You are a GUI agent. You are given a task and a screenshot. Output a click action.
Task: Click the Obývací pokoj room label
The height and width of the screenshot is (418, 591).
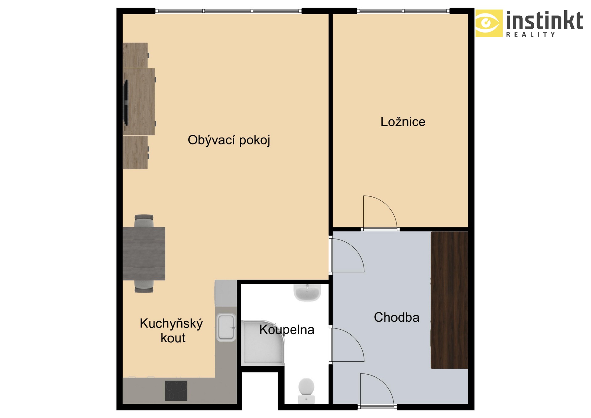pyautogui.click(x=229, y=140)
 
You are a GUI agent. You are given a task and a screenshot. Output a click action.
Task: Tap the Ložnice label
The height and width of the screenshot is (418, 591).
pyautogui.click(x=403, y=122)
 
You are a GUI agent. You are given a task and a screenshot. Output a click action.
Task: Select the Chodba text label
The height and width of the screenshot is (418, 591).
pyautogui.click(x=396, y=317)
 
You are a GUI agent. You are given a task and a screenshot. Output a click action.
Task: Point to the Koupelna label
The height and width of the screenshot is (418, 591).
pyautogui.click(x=287, y=330)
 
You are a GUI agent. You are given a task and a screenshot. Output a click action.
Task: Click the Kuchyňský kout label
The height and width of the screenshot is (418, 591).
pyautogui.click(x=171, y=331)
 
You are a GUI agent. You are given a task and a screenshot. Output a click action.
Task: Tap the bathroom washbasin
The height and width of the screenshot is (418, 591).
pyautogui.click(x=307, y=292)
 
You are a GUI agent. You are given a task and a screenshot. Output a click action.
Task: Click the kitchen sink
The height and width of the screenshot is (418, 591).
pyautogui.click(x=226, y=327)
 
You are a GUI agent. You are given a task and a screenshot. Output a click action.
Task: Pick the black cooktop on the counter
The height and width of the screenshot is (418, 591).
pyautogui.click(x=176, y=391)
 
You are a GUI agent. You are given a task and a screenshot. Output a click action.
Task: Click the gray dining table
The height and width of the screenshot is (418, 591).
pyautogui.click(x=144, y=254)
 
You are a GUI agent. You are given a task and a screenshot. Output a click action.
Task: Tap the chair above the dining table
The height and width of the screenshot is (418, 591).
pyautogui.click(x=144, y=221)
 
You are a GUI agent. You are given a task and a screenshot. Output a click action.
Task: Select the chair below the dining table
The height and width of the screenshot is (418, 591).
pyautogui.click(x=144, y=286)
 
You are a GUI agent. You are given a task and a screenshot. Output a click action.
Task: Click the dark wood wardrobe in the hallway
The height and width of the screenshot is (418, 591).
pyautogui.click(x=449, y=300)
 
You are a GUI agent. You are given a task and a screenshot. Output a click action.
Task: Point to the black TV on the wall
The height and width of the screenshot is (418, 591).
pyautogui.click(x=126, y=102)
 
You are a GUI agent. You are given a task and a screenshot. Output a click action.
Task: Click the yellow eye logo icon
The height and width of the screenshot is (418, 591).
pyautogui.click(x=489, y=23)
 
